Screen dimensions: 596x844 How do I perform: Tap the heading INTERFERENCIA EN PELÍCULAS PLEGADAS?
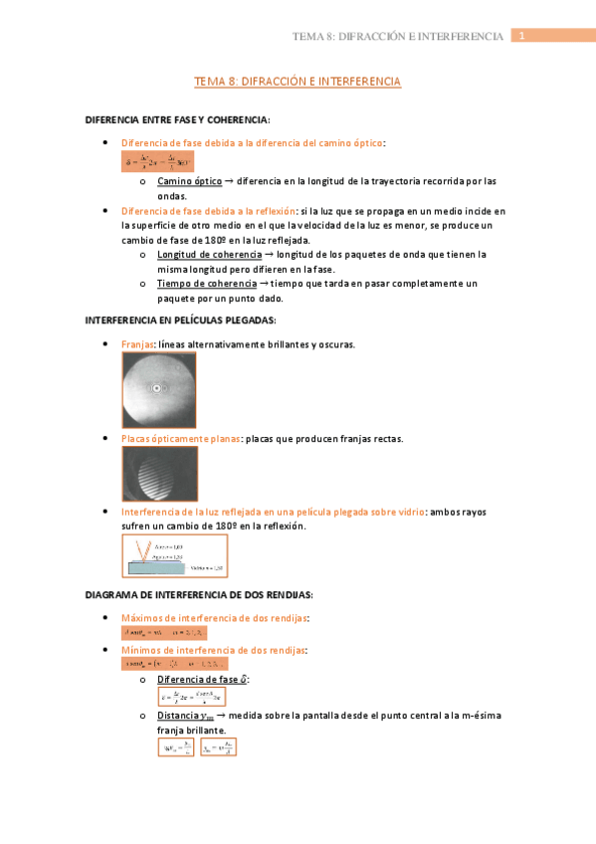[x=181, y=320]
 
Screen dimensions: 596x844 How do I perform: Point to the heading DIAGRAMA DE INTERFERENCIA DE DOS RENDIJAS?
[x=199, y=594]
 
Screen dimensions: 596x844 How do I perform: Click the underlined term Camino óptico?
[x=189, y=182]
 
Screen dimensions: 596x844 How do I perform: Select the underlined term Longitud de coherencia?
[x=209, y=255]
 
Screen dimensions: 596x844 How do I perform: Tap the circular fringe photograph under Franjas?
[x=159, y=389]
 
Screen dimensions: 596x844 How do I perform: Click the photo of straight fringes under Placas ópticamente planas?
[x=159, y=473]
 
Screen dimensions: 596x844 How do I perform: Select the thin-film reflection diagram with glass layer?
[x=174, y=555]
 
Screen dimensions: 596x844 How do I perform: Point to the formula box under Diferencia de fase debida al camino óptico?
[x=157, y=161]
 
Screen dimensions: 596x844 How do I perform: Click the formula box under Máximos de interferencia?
[x=164, y=633]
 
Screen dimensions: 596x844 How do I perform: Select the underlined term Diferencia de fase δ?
[x=203, y=679]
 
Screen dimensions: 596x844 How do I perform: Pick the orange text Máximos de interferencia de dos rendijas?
[x=214, y=618]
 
